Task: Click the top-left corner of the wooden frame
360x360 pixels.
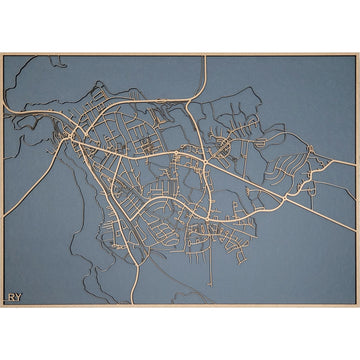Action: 2,53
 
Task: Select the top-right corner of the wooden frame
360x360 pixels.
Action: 357,53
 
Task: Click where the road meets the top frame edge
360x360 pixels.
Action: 204,56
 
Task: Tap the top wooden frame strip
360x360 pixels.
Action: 180,54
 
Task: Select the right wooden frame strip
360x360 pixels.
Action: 357,180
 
